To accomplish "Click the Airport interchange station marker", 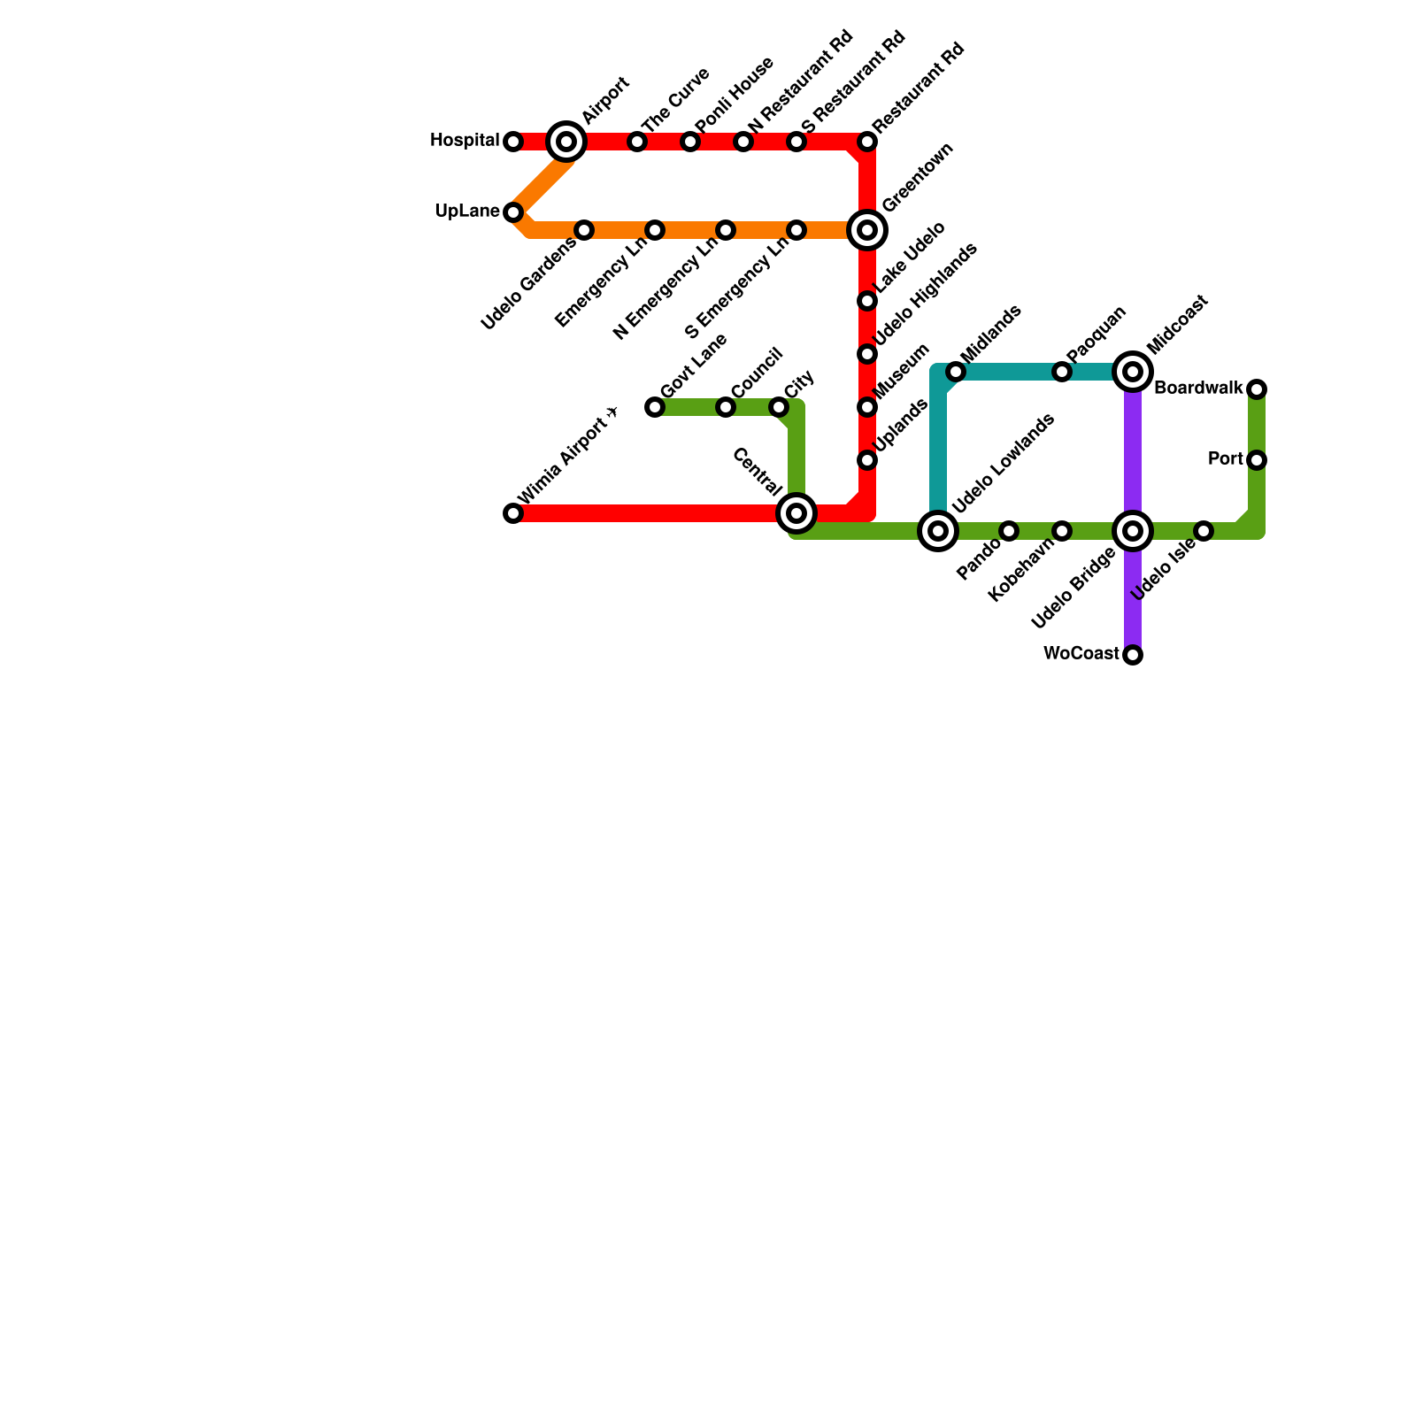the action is [x=566, y=142].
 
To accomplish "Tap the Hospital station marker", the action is [x=513, y=142].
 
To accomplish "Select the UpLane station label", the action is [x=467, y=212].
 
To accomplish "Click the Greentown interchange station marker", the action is [x=867, y=230].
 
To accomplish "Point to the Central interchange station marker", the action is [x=796, y=513].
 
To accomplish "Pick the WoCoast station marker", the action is [x=1133, y=655].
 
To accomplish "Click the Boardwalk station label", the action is [x=1198, y=389].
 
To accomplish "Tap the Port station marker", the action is [x=1257, y=460].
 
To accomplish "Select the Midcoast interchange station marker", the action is [x=1133, y=372].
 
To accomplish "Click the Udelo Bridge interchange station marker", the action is [x=1133, y=531].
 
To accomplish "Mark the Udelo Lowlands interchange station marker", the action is [x=938, y=531].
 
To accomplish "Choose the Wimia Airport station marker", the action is [x=513, y=513].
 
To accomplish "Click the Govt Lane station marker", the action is [x=655, y=407].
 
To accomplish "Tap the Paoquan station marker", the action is [x=1062, y=372].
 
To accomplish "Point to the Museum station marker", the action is [x=867, y=407].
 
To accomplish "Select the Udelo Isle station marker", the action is [x=1204, y=531].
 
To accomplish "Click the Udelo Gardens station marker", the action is [x=584, y=230].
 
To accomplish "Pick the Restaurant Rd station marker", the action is [x=867, y=142].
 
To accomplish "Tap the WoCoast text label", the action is [x=1081, y=654].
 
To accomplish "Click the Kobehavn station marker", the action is [x=1062, y=531].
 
